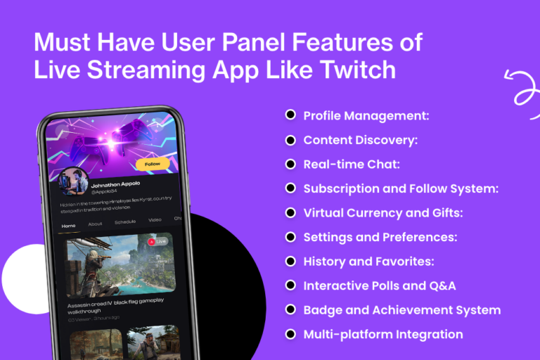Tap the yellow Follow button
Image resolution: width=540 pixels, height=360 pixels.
pyautogui.click(x=152, y=165)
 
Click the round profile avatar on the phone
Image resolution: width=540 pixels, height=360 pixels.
pyautogui.click(x=72, y=182)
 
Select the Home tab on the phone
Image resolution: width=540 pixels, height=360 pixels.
pyautogui.click(x=68, y=226)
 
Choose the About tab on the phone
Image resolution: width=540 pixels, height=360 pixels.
pyautogui.click(x=95, y=224)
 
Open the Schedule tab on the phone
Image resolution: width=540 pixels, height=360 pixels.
pyautogui.click(x=125, y=222)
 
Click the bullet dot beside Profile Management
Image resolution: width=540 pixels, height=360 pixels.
pyautogui.click(x=290, y=115)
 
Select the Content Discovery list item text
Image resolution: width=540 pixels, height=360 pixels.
pyautogui.click(x=360, y=140)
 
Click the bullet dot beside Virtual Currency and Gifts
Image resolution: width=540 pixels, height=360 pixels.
pyautogui.click(x=290, y=212)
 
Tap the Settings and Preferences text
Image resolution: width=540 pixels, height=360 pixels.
pyautogui.click(x=380, y=237)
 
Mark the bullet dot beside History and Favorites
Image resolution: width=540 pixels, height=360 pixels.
pyautogui.click(x=290, y=261)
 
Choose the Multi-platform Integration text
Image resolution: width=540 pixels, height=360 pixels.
pyautogui.click(x=382, y=334)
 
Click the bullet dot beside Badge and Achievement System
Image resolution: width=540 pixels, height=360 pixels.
pyautogui.click(x=290, y=309)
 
